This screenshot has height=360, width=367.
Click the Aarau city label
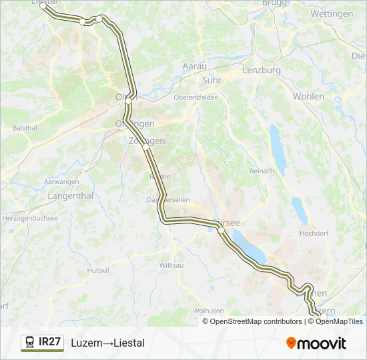(194, 66)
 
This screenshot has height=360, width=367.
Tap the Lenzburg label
(262, 70)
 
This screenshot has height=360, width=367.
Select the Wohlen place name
(308, 96)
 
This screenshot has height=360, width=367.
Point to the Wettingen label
(332, 13)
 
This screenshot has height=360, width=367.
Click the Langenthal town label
(70, 196)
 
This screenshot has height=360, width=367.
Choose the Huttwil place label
(97, 270)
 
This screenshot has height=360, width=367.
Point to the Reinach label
(262, 171)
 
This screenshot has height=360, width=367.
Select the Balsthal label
(25, 127)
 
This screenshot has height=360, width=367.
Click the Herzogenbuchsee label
(30, 218)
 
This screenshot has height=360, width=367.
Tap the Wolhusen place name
(208, 311)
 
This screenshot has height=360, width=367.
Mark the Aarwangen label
(61, 182)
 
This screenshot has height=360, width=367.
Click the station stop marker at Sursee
(221, 230)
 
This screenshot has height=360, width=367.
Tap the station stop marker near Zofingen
(145, 148)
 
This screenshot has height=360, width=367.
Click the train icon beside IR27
(30, 343)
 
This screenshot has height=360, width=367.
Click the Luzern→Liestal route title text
(107, 343)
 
